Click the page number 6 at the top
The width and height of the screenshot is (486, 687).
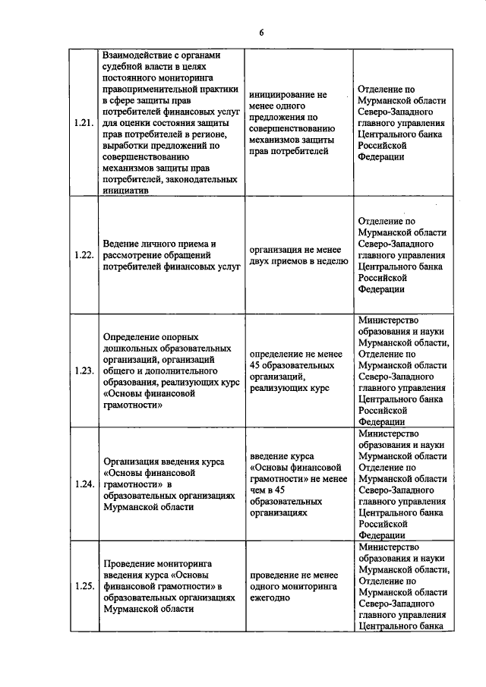(x=260, y=32)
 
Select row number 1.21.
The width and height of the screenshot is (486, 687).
(x=85, y=123)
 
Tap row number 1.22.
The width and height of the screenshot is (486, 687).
(x=85, y=255)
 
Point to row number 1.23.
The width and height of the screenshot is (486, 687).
(x=85, y=370)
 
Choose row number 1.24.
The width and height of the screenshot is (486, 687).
(x=85, y=484)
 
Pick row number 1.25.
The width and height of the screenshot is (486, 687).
(x=85, y=586)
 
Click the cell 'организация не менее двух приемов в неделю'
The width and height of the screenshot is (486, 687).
(x=292, y=255)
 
